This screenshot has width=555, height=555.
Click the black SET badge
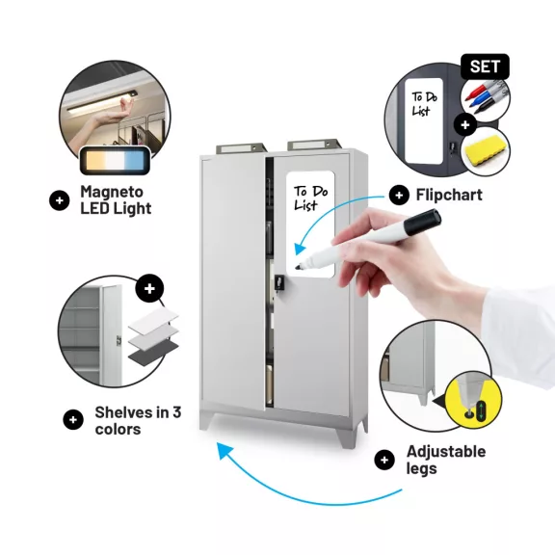[485, 66]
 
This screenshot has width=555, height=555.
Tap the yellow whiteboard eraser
[485, 150]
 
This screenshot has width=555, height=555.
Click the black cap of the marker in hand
[423, 222]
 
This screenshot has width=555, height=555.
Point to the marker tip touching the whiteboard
[298, 267]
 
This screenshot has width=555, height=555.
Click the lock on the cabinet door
[279, 282]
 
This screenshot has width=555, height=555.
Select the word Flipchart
[449, 195]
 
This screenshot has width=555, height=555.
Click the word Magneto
[112, 192]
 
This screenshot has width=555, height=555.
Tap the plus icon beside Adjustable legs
[384, 460]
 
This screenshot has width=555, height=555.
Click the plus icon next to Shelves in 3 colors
[73, 420]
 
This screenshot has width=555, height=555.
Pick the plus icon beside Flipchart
[399, 195]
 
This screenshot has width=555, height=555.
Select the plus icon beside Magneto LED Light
[60, 200]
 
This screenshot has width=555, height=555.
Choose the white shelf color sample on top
[153, 320]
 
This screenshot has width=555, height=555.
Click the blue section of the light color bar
[135, 161]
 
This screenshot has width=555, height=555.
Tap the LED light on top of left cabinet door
[242, 147]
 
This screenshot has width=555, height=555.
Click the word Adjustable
[446, 451]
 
